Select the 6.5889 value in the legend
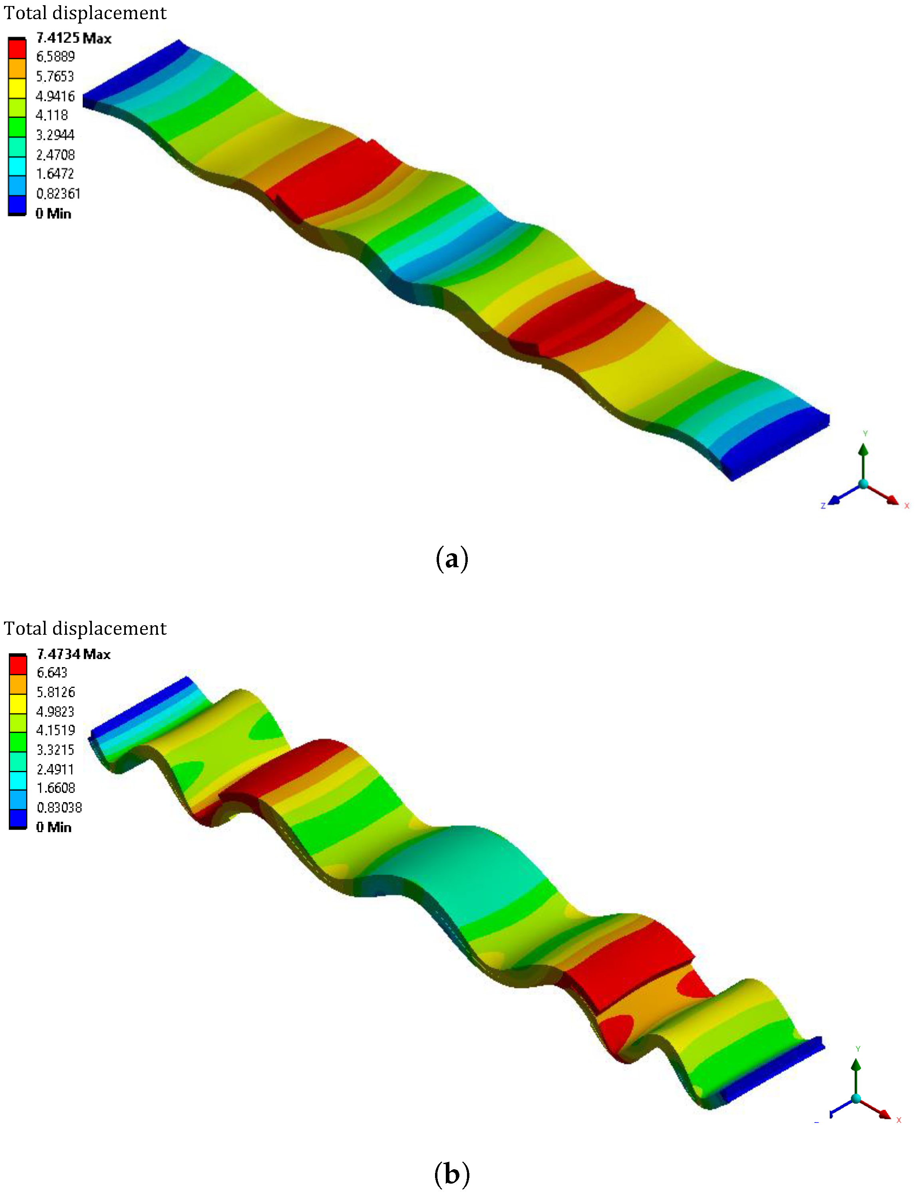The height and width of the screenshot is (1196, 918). (55, 57)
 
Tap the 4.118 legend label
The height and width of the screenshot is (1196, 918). (52, 115)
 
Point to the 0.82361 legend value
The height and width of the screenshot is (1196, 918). (58, 194)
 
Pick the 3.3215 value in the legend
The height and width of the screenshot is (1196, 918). (55, 750)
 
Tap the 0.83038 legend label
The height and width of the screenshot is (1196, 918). (59, 808)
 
